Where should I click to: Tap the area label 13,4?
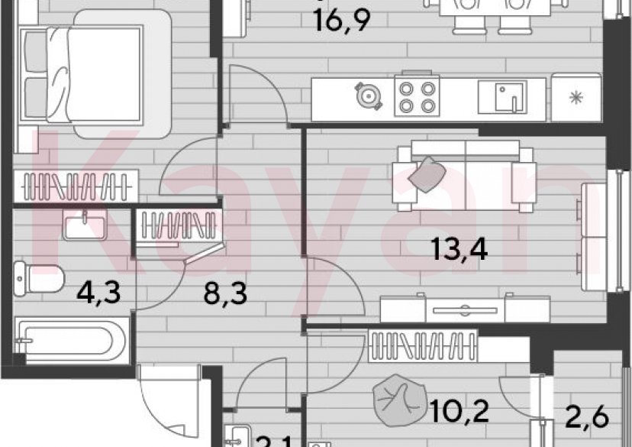(x=459, y=249)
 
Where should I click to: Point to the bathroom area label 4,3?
(x=99, y=291)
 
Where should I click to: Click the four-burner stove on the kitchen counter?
(x=416, y=97)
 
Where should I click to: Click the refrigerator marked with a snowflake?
(x=576, y=97)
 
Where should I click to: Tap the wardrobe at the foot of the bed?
(x=76, y=185)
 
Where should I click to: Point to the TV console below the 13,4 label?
(x=463, y=309)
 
